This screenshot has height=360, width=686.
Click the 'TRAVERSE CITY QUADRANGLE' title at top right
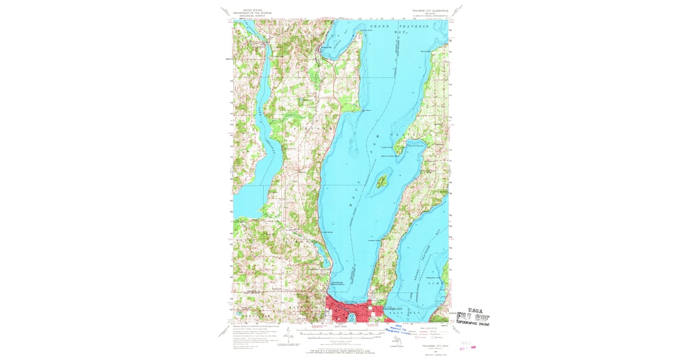click(x=428, y=10)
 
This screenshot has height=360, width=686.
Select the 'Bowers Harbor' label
click(x=416, y=145)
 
